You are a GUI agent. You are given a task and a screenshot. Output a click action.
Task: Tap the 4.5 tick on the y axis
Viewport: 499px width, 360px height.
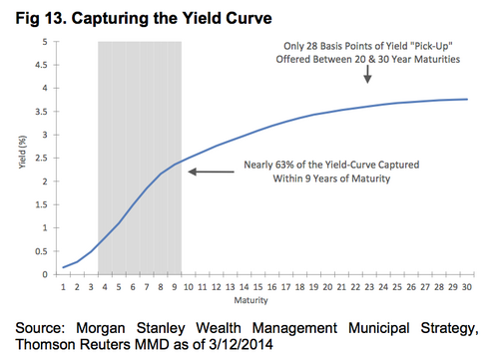coord(40,66)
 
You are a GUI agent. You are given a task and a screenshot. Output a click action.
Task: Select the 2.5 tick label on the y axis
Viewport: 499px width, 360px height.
coord(40,159)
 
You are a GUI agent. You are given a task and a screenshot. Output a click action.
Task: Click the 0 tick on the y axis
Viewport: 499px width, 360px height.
coord(42,275)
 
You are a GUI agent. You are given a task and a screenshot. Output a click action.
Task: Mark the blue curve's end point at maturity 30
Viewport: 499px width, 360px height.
coord(465,99)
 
